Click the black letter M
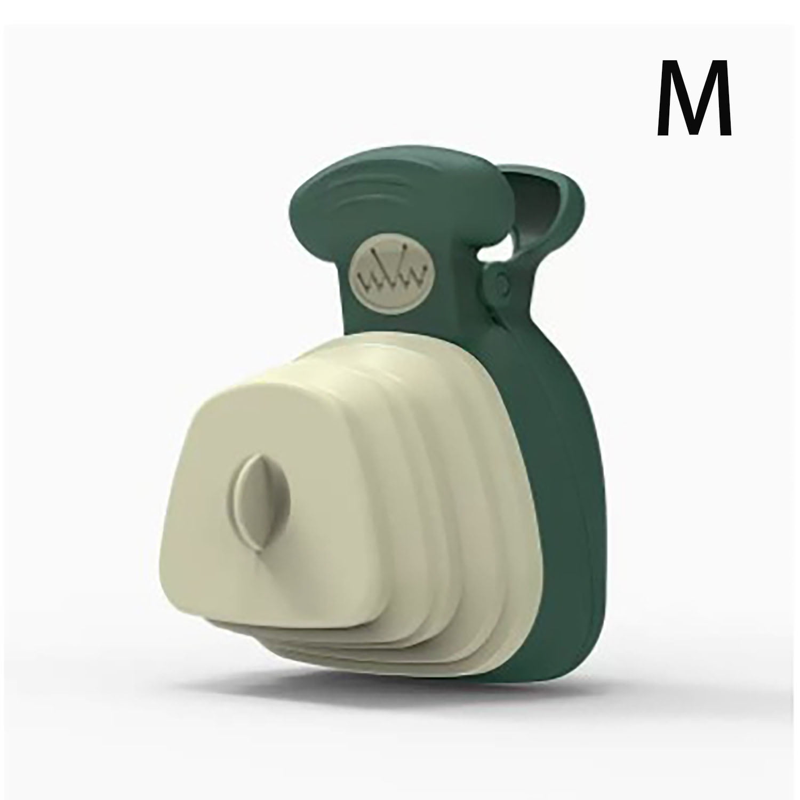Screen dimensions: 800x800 pos(694,99)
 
